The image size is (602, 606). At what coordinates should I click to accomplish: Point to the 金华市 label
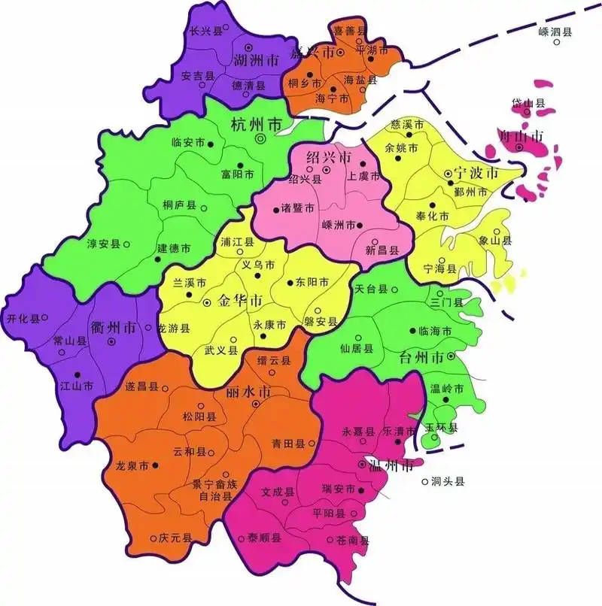click(240, 301)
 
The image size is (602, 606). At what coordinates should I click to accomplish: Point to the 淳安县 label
click(105, 244)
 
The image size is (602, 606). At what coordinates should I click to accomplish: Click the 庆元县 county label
click(175, 538)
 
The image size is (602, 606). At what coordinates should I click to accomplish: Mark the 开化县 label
click(22, 319)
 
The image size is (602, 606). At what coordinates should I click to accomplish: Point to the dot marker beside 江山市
click(76, 374)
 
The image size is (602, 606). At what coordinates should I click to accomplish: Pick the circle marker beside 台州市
click(450, 356)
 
